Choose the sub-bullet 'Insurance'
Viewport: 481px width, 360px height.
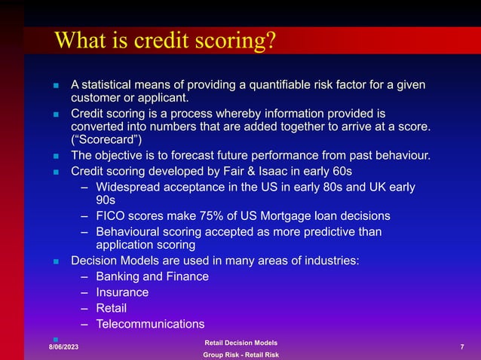click(122, 292)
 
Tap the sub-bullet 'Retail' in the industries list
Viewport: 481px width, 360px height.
click(112, 308)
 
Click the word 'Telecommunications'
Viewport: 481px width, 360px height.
click(150, 324)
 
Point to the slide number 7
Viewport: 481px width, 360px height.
click(461, 346)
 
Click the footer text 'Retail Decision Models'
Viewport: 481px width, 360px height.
click(241, 343)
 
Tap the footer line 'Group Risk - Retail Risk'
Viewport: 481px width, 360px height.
click(241, 355)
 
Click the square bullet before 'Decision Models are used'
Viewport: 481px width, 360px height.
click(56, 261)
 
